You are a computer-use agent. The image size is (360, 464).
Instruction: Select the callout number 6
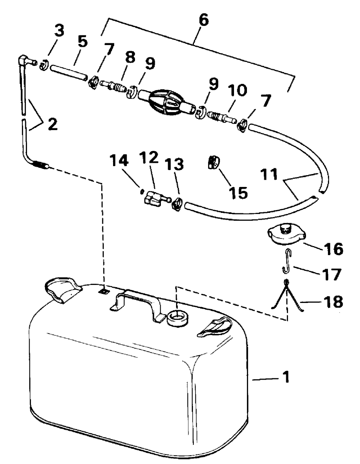click(203, 20)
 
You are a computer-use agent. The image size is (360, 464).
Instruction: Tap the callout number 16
click(333, 249)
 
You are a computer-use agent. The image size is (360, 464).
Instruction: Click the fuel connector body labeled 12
click(152, 198)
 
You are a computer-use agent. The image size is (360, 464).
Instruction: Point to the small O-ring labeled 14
click(141, 191)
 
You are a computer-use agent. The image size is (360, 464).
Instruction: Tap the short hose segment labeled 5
click(68, 72)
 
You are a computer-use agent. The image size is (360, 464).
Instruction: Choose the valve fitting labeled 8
click(112, 87)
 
